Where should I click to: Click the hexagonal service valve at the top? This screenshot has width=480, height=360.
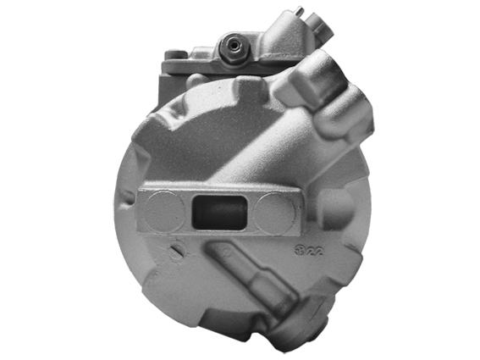point(229,49)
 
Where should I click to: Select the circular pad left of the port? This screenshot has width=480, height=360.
point(163,211)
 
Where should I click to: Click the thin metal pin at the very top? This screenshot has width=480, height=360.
point(299,12)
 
